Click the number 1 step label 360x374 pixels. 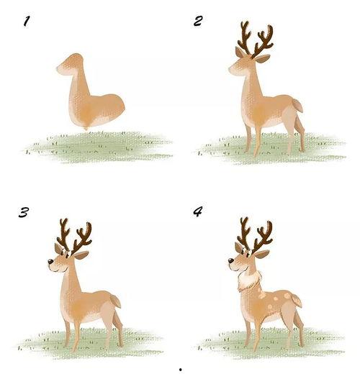pyautogui.click(x=27, y=21)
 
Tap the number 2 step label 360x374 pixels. pyautogui.click(x=198, y=21)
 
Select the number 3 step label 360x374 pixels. pyautogui.click(x=24, y=212)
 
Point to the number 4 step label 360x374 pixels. pyautogui.click(x=198, y=211)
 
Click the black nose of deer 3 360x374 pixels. pyautogui.click(x=50, y=262)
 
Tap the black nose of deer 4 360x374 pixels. pyautogui.click(x=230, y=260)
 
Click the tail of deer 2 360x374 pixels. pyautogui.click(x=297, y=106)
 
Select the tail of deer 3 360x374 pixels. pyautogui.click(x=116, y=301)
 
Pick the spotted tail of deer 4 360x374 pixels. pyautogui.click(x=297, y=301)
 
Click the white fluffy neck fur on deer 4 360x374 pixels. pyautogui.click(x=248, y=280)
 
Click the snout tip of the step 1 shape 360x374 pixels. pyautogui.click(x=58, y=68)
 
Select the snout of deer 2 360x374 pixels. pyautogui.click(x=233, y=70)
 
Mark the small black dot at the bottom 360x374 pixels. pyautogui.click(x=181, y=370)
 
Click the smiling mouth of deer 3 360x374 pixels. pyautogui.click(x=57, y=271)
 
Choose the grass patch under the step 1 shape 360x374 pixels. pyautogui.click(x=99, y=147)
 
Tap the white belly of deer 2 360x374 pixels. pyautogui.click(x=274, y=122)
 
